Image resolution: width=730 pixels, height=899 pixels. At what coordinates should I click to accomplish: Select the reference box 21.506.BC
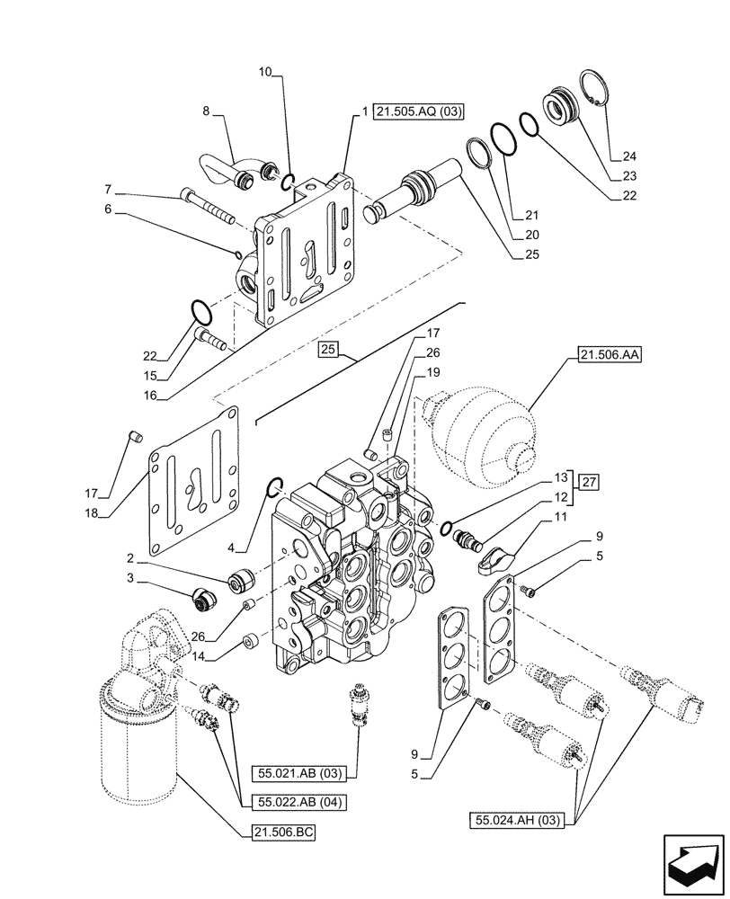coord(279,832)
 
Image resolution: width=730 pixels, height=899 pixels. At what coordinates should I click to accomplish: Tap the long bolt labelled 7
coord(207,206)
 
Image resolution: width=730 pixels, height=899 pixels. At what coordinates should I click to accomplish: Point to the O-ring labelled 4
coord(276,488)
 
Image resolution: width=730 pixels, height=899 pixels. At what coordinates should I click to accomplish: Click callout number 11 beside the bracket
coord(560,517)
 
